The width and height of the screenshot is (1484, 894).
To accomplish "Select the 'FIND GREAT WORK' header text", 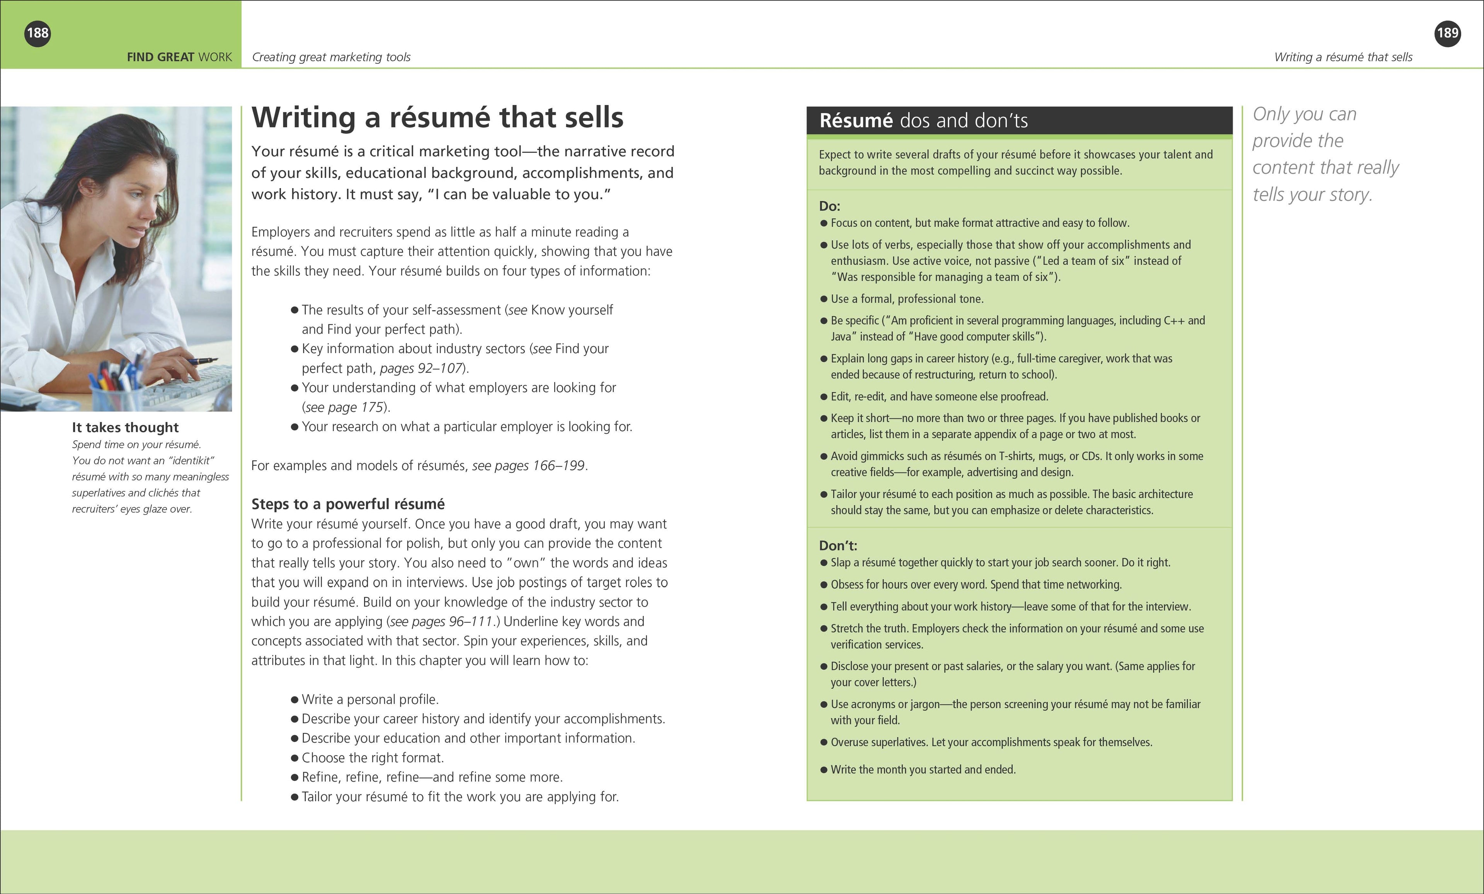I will pos(179,57).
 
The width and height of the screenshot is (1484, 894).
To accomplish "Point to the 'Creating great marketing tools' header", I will pos(331,57).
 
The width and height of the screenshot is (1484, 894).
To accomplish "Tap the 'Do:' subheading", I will pos(829,206).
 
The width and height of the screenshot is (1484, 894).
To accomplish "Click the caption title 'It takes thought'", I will pos(125,427).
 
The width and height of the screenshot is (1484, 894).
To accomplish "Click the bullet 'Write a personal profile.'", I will pos(370,700).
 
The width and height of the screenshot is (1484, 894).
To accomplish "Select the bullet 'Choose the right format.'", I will pos(372,758).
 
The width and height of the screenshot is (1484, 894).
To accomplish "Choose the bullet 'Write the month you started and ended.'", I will pos(923,769).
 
